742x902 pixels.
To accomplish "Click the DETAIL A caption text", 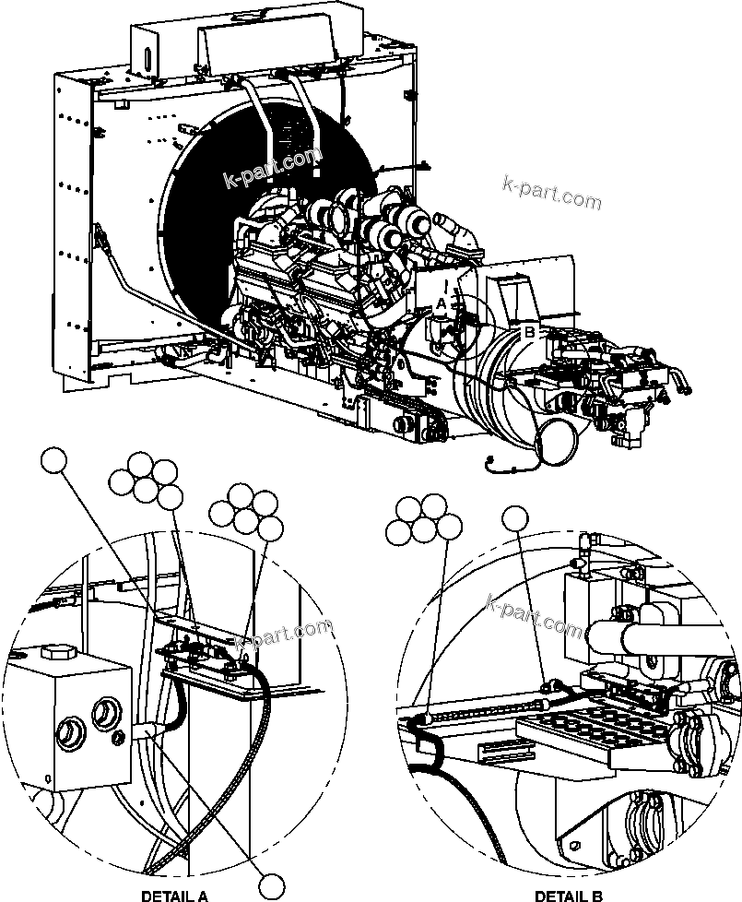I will pyautogui.click(x=174, y=895).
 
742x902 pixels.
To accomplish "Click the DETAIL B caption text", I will pyautogui.click(x=569, y=895).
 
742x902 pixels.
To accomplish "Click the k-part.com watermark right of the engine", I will pyautogui.click(x=551, y=192).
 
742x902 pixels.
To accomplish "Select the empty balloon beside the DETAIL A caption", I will pyautogui.click(x=271, y=885).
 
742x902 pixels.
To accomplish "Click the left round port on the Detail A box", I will pyautogui.click(x=69, y=736).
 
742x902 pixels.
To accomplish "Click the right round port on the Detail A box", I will pyautogui.click(x=105, y=713).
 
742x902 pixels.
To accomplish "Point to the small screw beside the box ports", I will pyautogui.click(x=118, y=736).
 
